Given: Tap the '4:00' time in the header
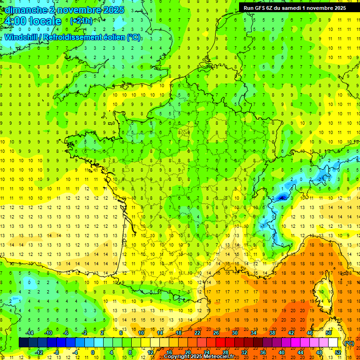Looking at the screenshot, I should coord(14,21).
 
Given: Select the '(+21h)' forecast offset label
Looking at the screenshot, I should coord(81,21).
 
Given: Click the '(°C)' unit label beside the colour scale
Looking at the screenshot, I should coord(349,343).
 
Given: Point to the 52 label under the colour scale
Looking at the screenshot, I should coord(338,352).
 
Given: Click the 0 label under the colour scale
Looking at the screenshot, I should coord(93,352).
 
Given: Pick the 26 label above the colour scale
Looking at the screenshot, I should coord(216,333).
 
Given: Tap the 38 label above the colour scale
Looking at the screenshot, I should coord(272,333).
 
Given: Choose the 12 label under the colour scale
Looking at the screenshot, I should coord(150,352).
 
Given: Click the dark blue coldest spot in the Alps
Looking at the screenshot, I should coord(282,198).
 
